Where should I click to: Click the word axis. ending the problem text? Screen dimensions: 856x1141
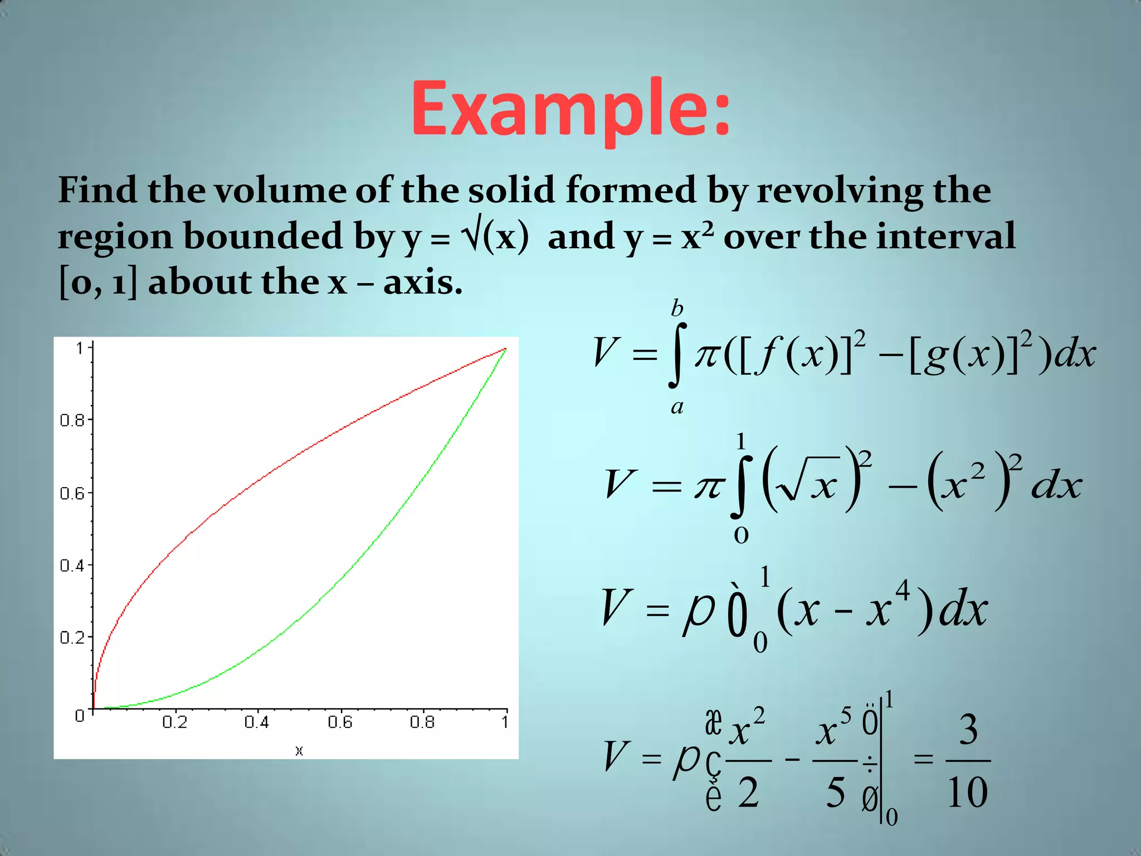423,282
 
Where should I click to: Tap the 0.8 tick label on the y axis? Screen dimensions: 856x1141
72,421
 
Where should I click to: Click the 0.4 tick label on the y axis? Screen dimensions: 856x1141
72,566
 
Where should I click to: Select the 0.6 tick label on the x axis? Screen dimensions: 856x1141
340,723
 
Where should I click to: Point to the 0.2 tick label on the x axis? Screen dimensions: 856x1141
175,723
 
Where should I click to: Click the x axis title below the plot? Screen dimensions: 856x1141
299,751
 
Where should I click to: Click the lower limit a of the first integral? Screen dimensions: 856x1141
677,407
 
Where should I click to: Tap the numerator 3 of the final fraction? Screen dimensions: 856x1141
968,730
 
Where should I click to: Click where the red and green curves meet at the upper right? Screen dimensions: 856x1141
505,349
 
